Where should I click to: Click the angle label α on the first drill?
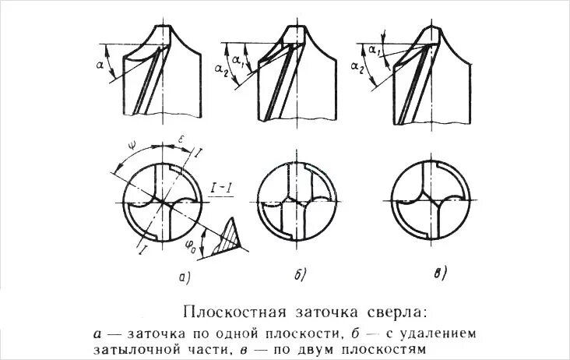(100, 66)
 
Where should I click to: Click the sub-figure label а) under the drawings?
(182, 275)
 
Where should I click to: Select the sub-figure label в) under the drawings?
(440, 272)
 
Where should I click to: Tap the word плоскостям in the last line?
(388, 348)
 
